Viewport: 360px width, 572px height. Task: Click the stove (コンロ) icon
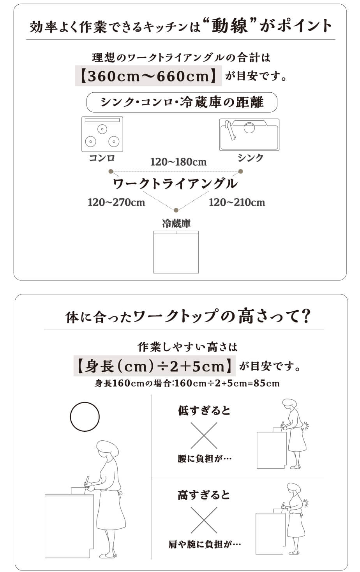[x=102, y=134]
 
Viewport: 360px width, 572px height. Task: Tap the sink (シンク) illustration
[x=249, y=134]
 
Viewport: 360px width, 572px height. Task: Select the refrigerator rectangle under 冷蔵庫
[x=176, y=252]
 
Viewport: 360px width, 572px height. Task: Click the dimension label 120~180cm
[x=178, y=162]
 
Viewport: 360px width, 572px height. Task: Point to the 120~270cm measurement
[x=116, y=203]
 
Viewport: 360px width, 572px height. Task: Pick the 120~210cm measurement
[x=237, y=203]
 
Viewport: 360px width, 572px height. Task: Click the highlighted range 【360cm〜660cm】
[x=148, y=76]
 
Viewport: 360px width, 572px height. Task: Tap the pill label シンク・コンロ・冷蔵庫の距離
[x=182, y=102]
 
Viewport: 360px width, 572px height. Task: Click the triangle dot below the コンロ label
[x=111, y=171]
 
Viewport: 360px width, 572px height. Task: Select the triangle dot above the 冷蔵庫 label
[x=176, y=210]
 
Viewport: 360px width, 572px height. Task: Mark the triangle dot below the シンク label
[x=240, y=171]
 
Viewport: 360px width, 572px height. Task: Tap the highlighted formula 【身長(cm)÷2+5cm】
[x=154, y=366]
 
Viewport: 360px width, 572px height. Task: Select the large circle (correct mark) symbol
[x=85, y=417]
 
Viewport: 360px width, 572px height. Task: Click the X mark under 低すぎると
[x=204, y=436]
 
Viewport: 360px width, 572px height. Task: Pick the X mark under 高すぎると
[x=204, y=520]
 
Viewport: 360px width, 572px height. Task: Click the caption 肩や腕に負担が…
[x=205, y=545]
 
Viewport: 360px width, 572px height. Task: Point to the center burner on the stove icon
[x=102, y=129]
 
